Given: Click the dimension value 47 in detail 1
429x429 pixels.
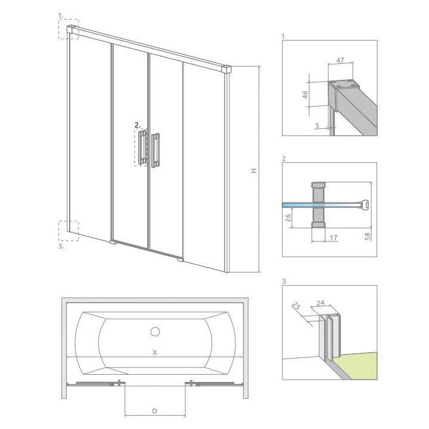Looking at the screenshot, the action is [x=340, y=60].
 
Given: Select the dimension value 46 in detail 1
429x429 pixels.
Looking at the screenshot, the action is [x=305, y=94].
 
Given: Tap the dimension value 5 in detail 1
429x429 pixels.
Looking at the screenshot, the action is [x=317, y=126].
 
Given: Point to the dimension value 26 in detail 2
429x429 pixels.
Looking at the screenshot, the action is [x=288, y=218].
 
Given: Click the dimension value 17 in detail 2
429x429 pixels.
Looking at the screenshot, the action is [x=334, y=238].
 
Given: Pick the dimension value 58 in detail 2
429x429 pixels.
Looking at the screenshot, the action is [x=368, y=236].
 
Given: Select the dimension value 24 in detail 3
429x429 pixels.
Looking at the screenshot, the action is [x=321, y=303].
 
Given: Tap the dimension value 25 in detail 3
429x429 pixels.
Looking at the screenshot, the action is [x=296, y=306].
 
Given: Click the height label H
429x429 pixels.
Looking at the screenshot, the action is [x=254, y=170].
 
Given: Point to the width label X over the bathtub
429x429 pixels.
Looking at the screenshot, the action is [x=154, y=353].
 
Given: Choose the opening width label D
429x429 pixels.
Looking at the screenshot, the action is [x=154, y=411].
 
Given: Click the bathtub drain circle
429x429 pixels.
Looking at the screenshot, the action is [x=155, y=332].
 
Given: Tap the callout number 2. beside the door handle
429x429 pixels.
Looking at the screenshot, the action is [x=138, y=125].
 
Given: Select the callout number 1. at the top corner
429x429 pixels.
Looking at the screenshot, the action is [x=61, y=16].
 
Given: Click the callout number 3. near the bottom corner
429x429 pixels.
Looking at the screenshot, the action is [x=61, y=246].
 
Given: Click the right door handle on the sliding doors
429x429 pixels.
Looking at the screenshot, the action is [x=156, y=150].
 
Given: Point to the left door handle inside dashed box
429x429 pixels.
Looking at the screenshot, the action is [x=143, y=148].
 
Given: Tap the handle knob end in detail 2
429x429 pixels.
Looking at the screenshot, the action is [x=365, y=204].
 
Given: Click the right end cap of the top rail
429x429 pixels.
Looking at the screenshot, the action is [x=227, y=69].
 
